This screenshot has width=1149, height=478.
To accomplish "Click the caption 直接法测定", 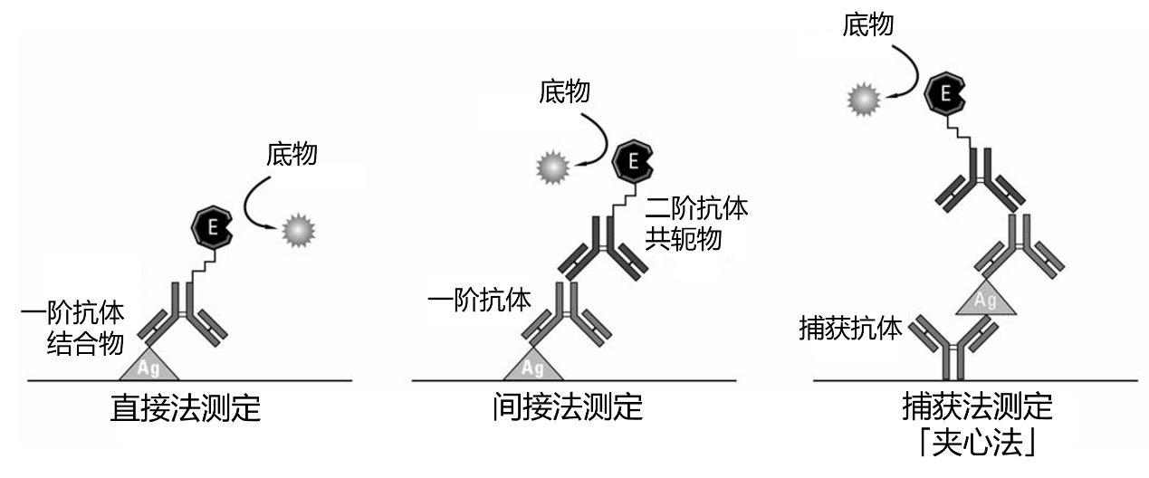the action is [185, 408].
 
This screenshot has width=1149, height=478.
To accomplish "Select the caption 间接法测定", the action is [568, 407].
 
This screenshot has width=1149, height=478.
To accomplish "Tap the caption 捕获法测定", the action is [978, 406].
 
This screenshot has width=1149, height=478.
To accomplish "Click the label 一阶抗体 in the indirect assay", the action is [479, 300].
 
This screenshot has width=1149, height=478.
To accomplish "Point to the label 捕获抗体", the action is [850, 329].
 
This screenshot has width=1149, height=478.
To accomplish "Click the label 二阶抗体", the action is [696, 209].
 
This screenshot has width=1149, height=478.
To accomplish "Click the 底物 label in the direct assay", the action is [292, 155].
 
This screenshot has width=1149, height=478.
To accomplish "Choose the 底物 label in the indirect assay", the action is [564, 91].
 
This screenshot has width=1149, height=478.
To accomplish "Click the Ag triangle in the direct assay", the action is [149, 366].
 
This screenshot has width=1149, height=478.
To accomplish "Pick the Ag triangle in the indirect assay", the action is [533, 366].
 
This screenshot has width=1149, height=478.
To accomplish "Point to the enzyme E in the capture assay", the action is [943, 93].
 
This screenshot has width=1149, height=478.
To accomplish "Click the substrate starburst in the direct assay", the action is [296, 232].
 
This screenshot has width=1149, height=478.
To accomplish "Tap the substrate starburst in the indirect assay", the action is [551, 167].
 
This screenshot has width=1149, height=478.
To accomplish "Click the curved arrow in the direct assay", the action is [257, 207].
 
